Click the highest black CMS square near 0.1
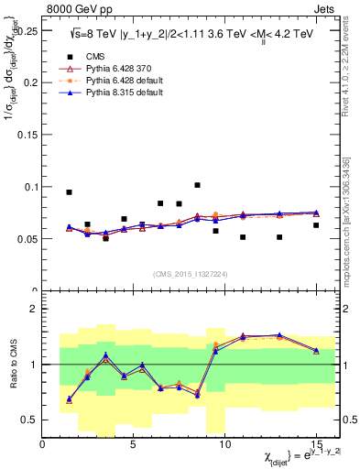pyautogui.click(x=197, y=185)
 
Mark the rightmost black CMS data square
pyautogui.click(x=316, y=225)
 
